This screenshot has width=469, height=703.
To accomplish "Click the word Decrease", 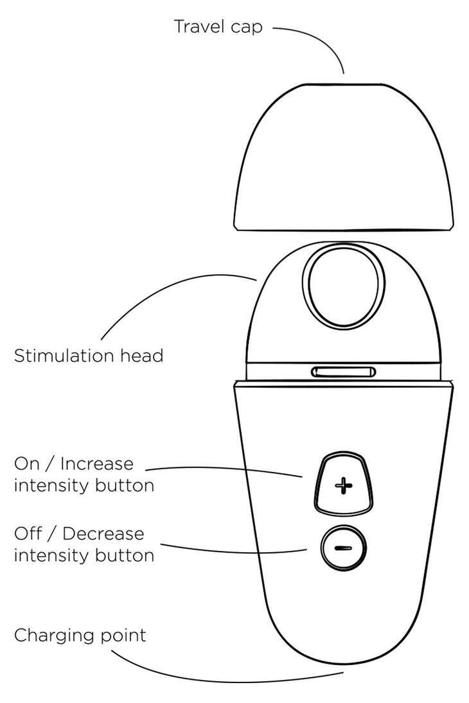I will [x=104, y=534].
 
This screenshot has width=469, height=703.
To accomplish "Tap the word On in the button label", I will [x=26, y=464].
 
